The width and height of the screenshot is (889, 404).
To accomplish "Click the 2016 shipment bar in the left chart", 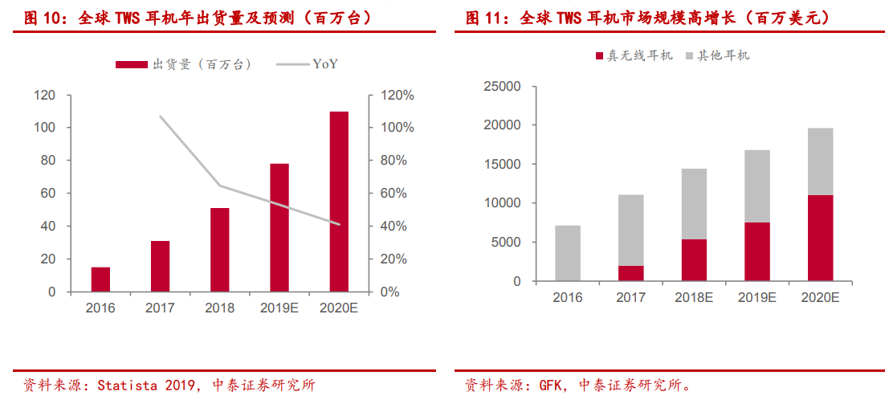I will click(100, 280).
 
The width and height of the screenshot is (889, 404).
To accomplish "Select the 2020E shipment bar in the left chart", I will click(339, 201).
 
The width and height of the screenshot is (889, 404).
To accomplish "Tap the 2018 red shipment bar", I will click(220, 250).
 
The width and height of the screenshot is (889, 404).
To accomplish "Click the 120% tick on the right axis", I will click(397, 96).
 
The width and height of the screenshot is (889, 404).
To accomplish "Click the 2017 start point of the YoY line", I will click(160, 116).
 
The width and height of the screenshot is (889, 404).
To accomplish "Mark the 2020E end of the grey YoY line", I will click(339, 224).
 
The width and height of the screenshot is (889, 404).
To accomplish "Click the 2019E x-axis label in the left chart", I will click(279, 308).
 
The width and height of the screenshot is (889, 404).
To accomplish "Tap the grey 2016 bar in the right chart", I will click(568, 253).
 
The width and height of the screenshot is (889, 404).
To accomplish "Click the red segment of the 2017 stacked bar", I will click(630, 273).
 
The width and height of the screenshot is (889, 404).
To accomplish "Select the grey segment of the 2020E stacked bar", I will click(820, 161).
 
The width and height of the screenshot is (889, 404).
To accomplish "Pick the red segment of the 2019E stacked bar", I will click(756, 251).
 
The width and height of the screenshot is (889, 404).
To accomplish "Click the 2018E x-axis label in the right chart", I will click(694, 297).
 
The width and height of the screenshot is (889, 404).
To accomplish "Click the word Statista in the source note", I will click(127, 386).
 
